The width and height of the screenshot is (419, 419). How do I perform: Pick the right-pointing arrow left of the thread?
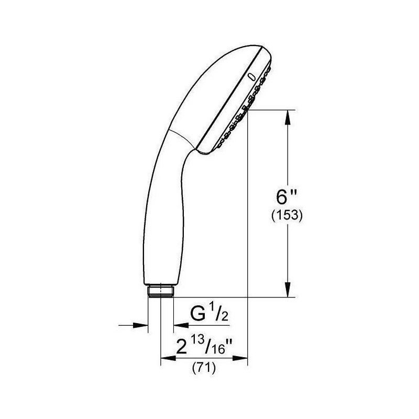[x=141, y=325]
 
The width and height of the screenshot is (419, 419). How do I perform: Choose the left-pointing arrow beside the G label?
[x=179, y=325]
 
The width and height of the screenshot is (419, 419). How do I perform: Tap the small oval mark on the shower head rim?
[x=251, y=76]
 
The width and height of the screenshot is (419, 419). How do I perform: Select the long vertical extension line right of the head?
[x=247, y=236]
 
